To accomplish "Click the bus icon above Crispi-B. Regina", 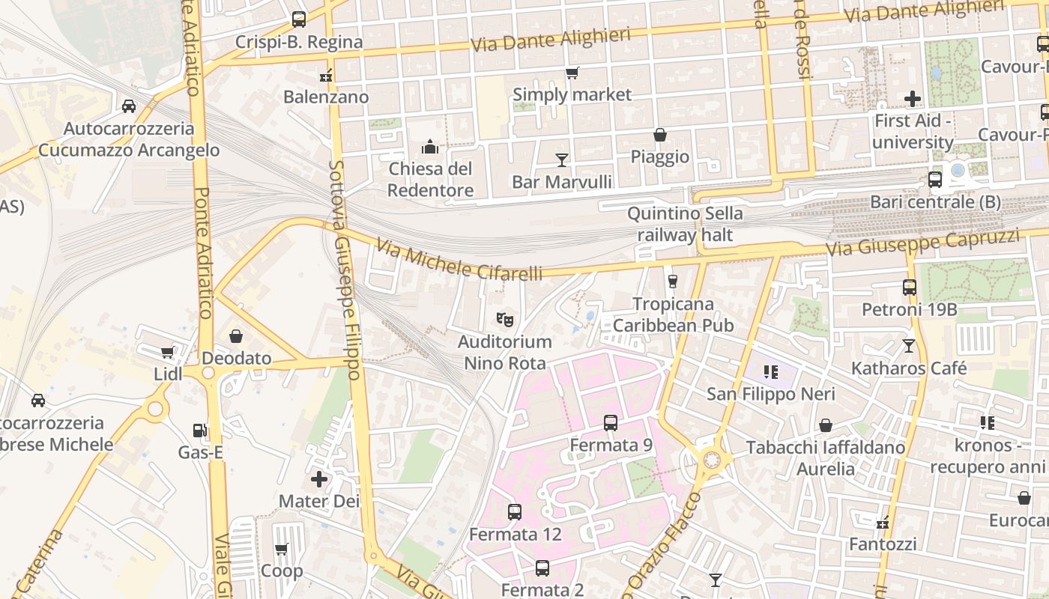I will point(299,19).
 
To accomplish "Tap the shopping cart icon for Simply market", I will point(572,73).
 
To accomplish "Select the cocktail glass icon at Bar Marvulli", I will point(562,159).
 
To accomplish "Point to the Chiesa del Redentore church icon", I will point(430,147).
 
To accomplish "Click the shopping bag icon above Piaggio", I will point(660,135).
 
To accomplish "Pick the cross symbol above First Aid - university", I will point(913,98).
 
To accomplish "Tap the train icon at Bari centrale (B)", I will point(935,180).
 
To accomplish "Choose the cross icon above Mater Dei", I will point(319,478).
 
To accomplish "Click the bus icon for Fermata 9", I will point(611,423).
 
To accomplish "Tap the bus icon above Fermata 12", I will point(515,512).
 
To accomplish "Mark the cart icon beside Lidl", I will point(167,352).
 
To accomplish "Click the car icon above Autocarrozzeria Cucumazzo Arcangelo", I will point(129,106).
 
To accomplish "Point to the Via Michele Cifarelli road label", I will point(459,260).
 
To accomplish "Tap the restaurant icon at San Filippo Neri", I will point(770,371).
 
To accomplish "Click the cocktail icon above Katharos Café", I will point(909,346).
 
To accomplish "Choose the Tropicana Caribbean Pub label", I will point(673,314).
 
